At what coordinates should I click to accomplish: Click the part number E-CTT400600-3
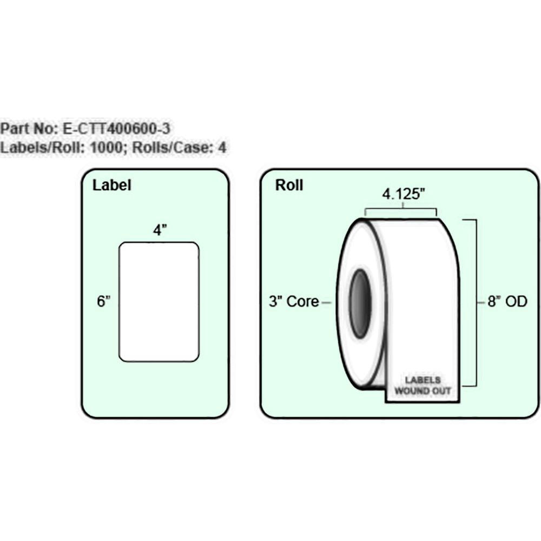pyautogui.click(x=117, y=129)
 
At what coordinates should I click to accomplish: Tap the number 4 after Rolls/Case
pyautogui.click(x=221, y=147)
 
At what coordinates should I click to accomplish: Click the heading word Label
pyautogui.click(x=112, y=186)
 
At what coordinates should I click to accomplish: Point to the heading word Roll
pyautogui.click(x=289, y=186)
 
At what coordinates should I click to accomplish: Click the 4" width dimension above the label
pyautogui.click(x=159, y=230)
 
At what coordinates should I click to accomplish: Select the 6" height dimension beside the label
pyautogui.click(x=104, y=302)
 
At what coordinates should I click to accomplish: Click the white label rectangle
pyautogui.click(x=159, y=302)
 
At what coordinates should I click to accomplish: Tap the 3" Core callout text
pyautogui.click(x=294, y=302)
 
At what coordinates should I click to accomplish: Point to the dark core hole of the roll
pyautogui.click(x=360, y=304)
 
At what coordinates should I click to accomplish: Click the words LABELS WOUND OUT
pyautogui.click(x=423, y=385)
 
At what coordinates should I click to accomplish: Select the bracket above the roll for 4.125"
pyautogui.click(x=401, y=209)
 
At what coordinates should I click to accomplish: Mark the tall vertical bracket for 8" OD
pyautogui.click(x=475, y=303)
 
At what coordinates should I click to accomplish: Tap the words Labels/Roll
pyautogui.click(x=38, y=147)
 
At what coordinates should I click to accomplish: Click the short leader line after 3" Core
pyautogui.click(x=326, y=302)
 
